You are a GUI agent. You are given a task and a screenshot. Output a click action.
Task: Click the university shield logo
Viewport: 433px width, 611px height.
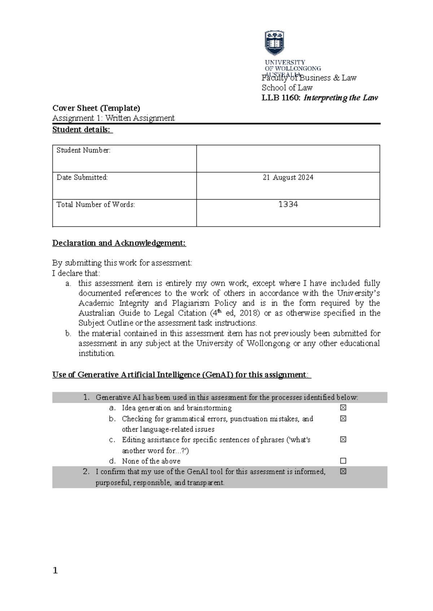coord(275,43)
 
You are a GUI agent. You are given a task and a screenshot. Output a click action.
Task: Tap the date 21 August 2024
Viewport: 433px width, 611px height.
coord(288,177)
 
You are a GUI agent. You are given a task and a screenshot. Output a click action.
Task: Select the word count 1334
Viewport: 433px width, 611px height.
coord(288,205)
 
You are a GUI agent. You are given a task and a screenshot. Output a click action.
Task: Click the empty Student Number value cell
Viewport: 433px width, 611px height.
coord(288,159)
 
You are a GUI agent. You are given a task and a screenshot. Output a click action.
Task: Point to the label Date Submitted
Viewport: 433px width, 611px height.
coord(82,177)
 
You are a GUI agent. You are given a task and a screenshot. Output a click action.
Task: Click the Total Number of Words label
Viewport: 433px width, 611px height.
coord(96,205)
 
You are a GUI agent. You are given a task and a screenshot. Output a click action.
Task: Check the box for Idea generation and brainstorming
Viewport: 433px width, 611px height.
coord(343,407)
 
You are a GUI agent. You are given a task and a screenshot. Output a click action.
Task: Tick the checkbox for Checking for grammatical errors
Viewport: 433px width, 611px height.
coord(343,418)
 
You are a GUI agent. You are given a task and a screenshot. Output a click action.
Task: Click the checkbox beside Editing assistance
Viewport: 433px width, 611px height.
coord(343,439)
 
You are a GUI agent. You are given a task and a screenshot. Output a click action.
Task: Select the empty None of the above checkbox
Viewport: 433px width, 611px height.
coord(343,461)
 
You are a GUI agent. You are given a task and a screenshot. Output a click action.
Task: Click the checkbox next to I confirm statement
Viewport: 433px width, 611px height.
coord(343,471)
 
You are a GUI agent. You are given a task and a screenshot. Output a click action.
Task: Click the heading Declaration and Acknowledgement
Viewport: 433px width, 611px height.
coord(119,243)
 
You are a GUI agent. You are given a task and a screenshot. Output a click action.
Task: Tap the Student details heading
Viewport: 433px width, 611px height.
coord(82,130)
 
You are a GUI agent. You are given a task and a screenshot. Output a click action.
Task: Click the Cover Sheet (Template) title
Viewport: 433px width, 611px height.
coord(96,108)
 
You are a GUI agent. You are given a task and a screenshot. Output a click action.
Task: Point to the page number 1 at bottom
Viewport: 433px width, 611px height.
coord(55,570)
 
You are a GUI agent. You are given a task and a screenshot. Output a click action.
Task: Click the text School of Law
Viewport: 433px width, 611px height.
coord(287,88)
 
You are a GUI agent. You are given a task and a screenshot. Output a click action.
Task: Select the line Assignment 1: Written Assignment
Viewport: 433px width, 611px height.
coord(113,118)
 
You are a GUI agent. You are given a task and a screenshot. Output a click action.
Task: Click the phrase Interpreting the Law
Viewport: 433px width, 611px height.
coord(341,98)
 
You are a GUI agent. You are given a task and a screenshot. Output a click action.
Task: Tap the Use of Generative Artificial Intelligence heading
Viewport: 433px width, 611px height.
coord(181,375)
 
